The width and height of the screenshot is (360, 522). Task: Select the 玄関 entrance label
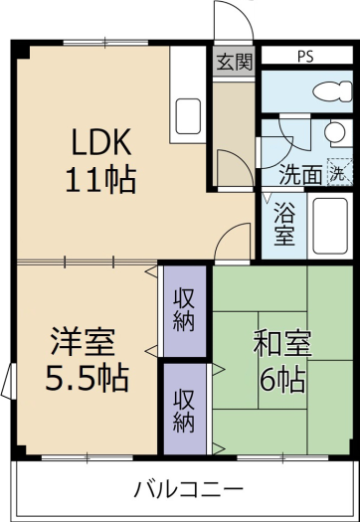pyautogui.click(x=234, y=60)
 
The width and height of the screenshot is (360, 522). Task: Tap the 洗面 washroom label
pyautogui.click(x=299, y=172)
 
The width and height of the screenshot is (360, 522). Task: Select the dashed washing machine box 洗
pyautogui.click(x=338, y=171)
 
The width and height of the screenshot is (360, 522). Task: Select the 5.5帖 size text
pyautogui.click(x=88, y=379)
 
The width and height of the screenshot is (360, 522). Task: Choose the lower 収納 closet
pyautogui.click(x=184, y=409)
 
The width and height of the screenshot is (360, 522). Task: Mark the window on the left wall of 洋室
pyautogui.click(x=9, y=381)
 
